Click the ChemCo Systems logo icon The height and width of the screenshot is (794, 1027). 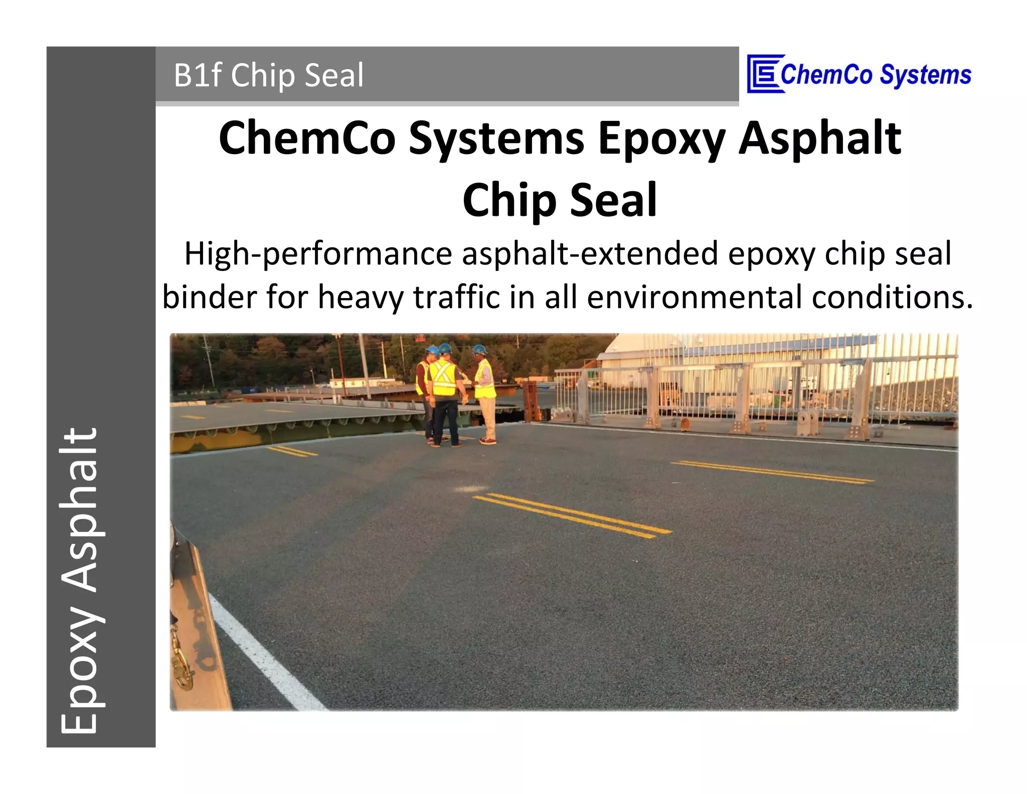coord(763,74)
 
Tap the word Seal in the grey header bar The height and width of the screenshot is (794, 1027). coord(334,75)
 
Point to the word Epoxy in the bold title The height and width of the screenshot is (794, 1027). coord(662,139)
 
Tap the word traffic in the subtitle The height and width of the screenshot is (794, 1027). coord(456,297)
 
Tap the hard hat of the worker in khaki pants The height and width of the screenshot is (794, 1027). coord(480,349)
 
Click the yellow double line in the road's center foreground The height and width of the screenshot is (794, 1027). coord(572,515)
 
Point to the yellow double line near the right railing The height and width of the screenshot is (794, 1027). coord(772,472)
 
